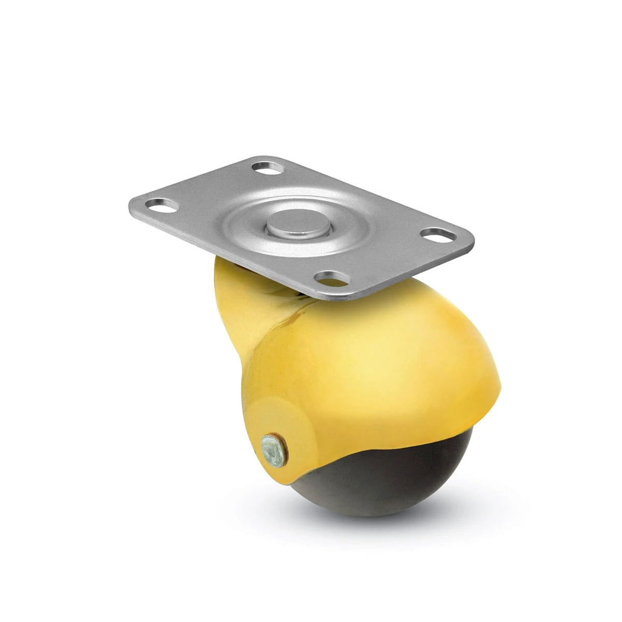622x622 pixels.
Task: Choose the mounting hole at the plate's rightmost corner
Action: (441, 235)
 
